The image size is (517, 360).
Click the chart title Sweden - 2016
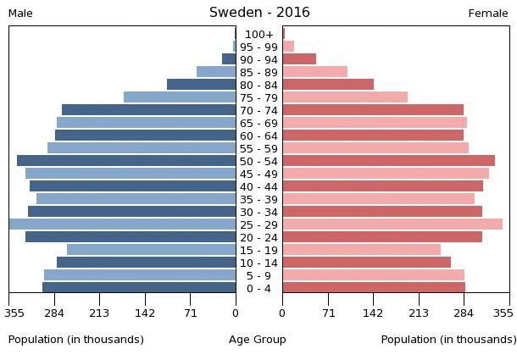click(x=259, y=13)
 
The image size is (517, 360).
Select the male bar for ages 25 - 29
click(x=122, y=224)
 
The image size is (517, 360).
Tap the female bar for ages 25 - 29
click(x=392, y=224)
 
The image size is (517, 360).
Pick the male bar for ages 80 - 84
click(x=202, y=85)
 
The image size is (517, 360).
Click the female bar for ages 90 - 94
click(x=299, y=59)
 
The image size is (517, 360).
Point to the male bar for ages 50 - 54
click(x=126, y=161)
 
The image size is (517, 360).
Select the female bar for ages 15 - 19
click(x=361, y=250)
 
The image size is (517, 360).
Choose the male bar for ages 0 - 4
click(x=139, y=288)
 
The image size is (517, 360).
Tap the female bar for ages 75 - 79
click(x=345, y=97)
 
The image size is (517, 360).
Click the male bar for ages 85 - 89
click(x=216, y=72)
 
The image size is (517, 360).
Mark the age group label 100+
click(x=258, y=34)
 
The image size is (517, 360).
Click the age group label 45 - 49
click(x=258, y=174)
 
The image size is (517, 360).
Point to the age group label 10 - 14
click(x=258, y=263)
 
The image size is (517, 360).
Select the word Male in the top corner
click(x=20, y=14)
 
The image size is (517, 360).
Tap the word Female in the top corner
click(x=488, y=14)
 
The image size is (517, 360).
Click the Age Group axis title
click(x=258, y=340)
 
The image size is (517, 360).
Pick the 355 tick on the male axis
click(x=14, y=313)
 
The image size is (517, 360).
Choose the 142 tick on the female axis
click(x=373, y=313)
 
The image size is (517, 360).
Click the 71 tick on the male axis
click(x=191, y=313)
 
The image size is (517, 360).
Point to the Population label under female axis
click(x=448, y=340)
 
